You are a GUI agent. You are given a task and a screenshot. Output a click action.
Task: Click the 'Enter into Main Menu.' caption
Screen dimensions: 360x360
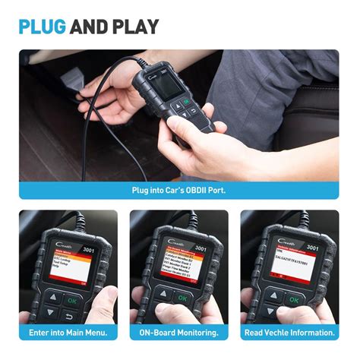click(68, 333)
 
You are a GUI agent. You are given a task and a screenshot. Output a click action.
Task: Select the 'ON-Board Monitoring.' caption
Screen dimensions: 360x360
click(179, 333)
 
